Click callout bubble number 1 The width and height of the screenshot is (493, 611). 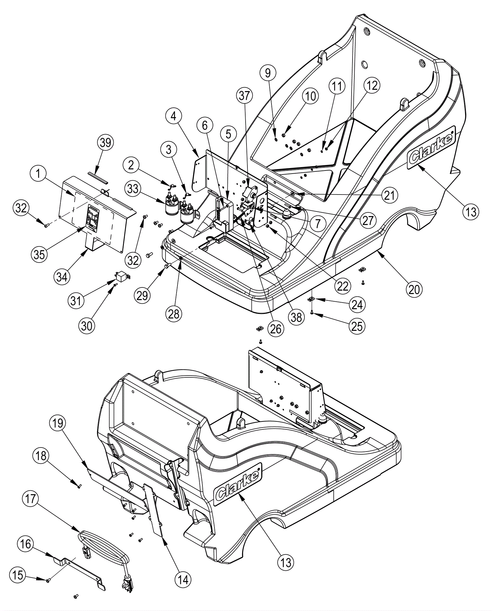(38, 174)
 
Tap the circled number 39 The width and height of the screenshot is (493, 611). (105, 143)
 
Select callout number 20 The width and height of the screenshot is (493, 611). (414, 289)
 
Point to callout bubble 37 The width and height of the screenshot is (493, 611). (244, 96)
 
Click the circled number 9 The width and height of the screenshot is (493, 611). (267, 73)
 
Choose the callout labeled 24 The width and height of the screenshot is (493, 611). (357, 305)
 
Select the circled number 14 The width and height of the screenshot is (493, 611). (183, 580)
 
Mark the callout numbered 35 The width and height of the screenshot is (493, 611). (39, 255)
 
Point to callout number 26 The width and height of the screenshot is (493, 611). (275, 329)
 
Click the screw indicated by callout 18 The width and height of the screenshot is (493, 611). (80, 486)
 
